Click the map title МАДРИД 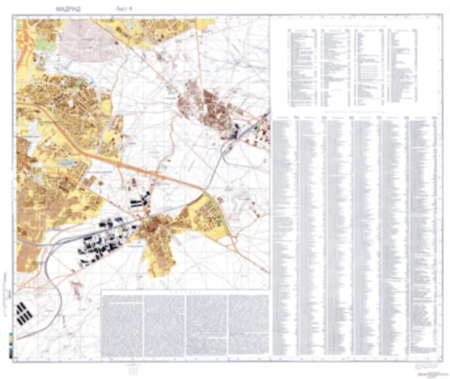pos(68,9)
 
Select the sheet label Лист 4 pos(124,9)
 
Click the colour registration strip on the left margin pos(11,344)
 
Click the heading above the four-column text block pos(186,293)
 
